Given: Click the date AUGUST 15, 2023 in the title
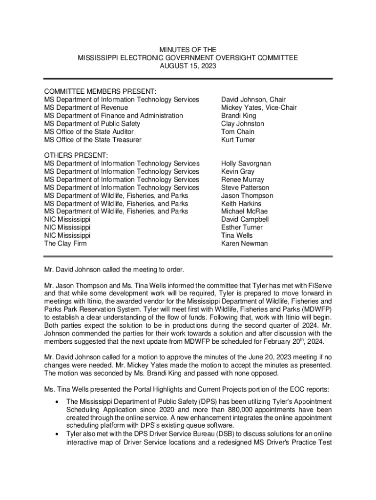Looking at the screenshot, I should (188, 65).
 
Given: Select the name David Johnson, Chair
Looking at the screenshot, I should (253, 100).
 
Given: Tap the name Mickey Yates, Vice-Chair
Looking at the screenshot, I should (258, 108).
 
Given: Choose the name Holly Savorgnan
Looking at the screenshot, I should (246, 164).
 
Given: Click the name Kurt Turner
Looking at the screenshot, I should (238, 140).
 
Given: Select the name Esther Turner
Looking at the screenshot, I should (241, 228).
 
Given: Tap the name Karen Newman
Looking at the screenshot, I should (244, 244).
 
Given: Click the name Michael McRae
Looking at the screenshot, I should (244, 211).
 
